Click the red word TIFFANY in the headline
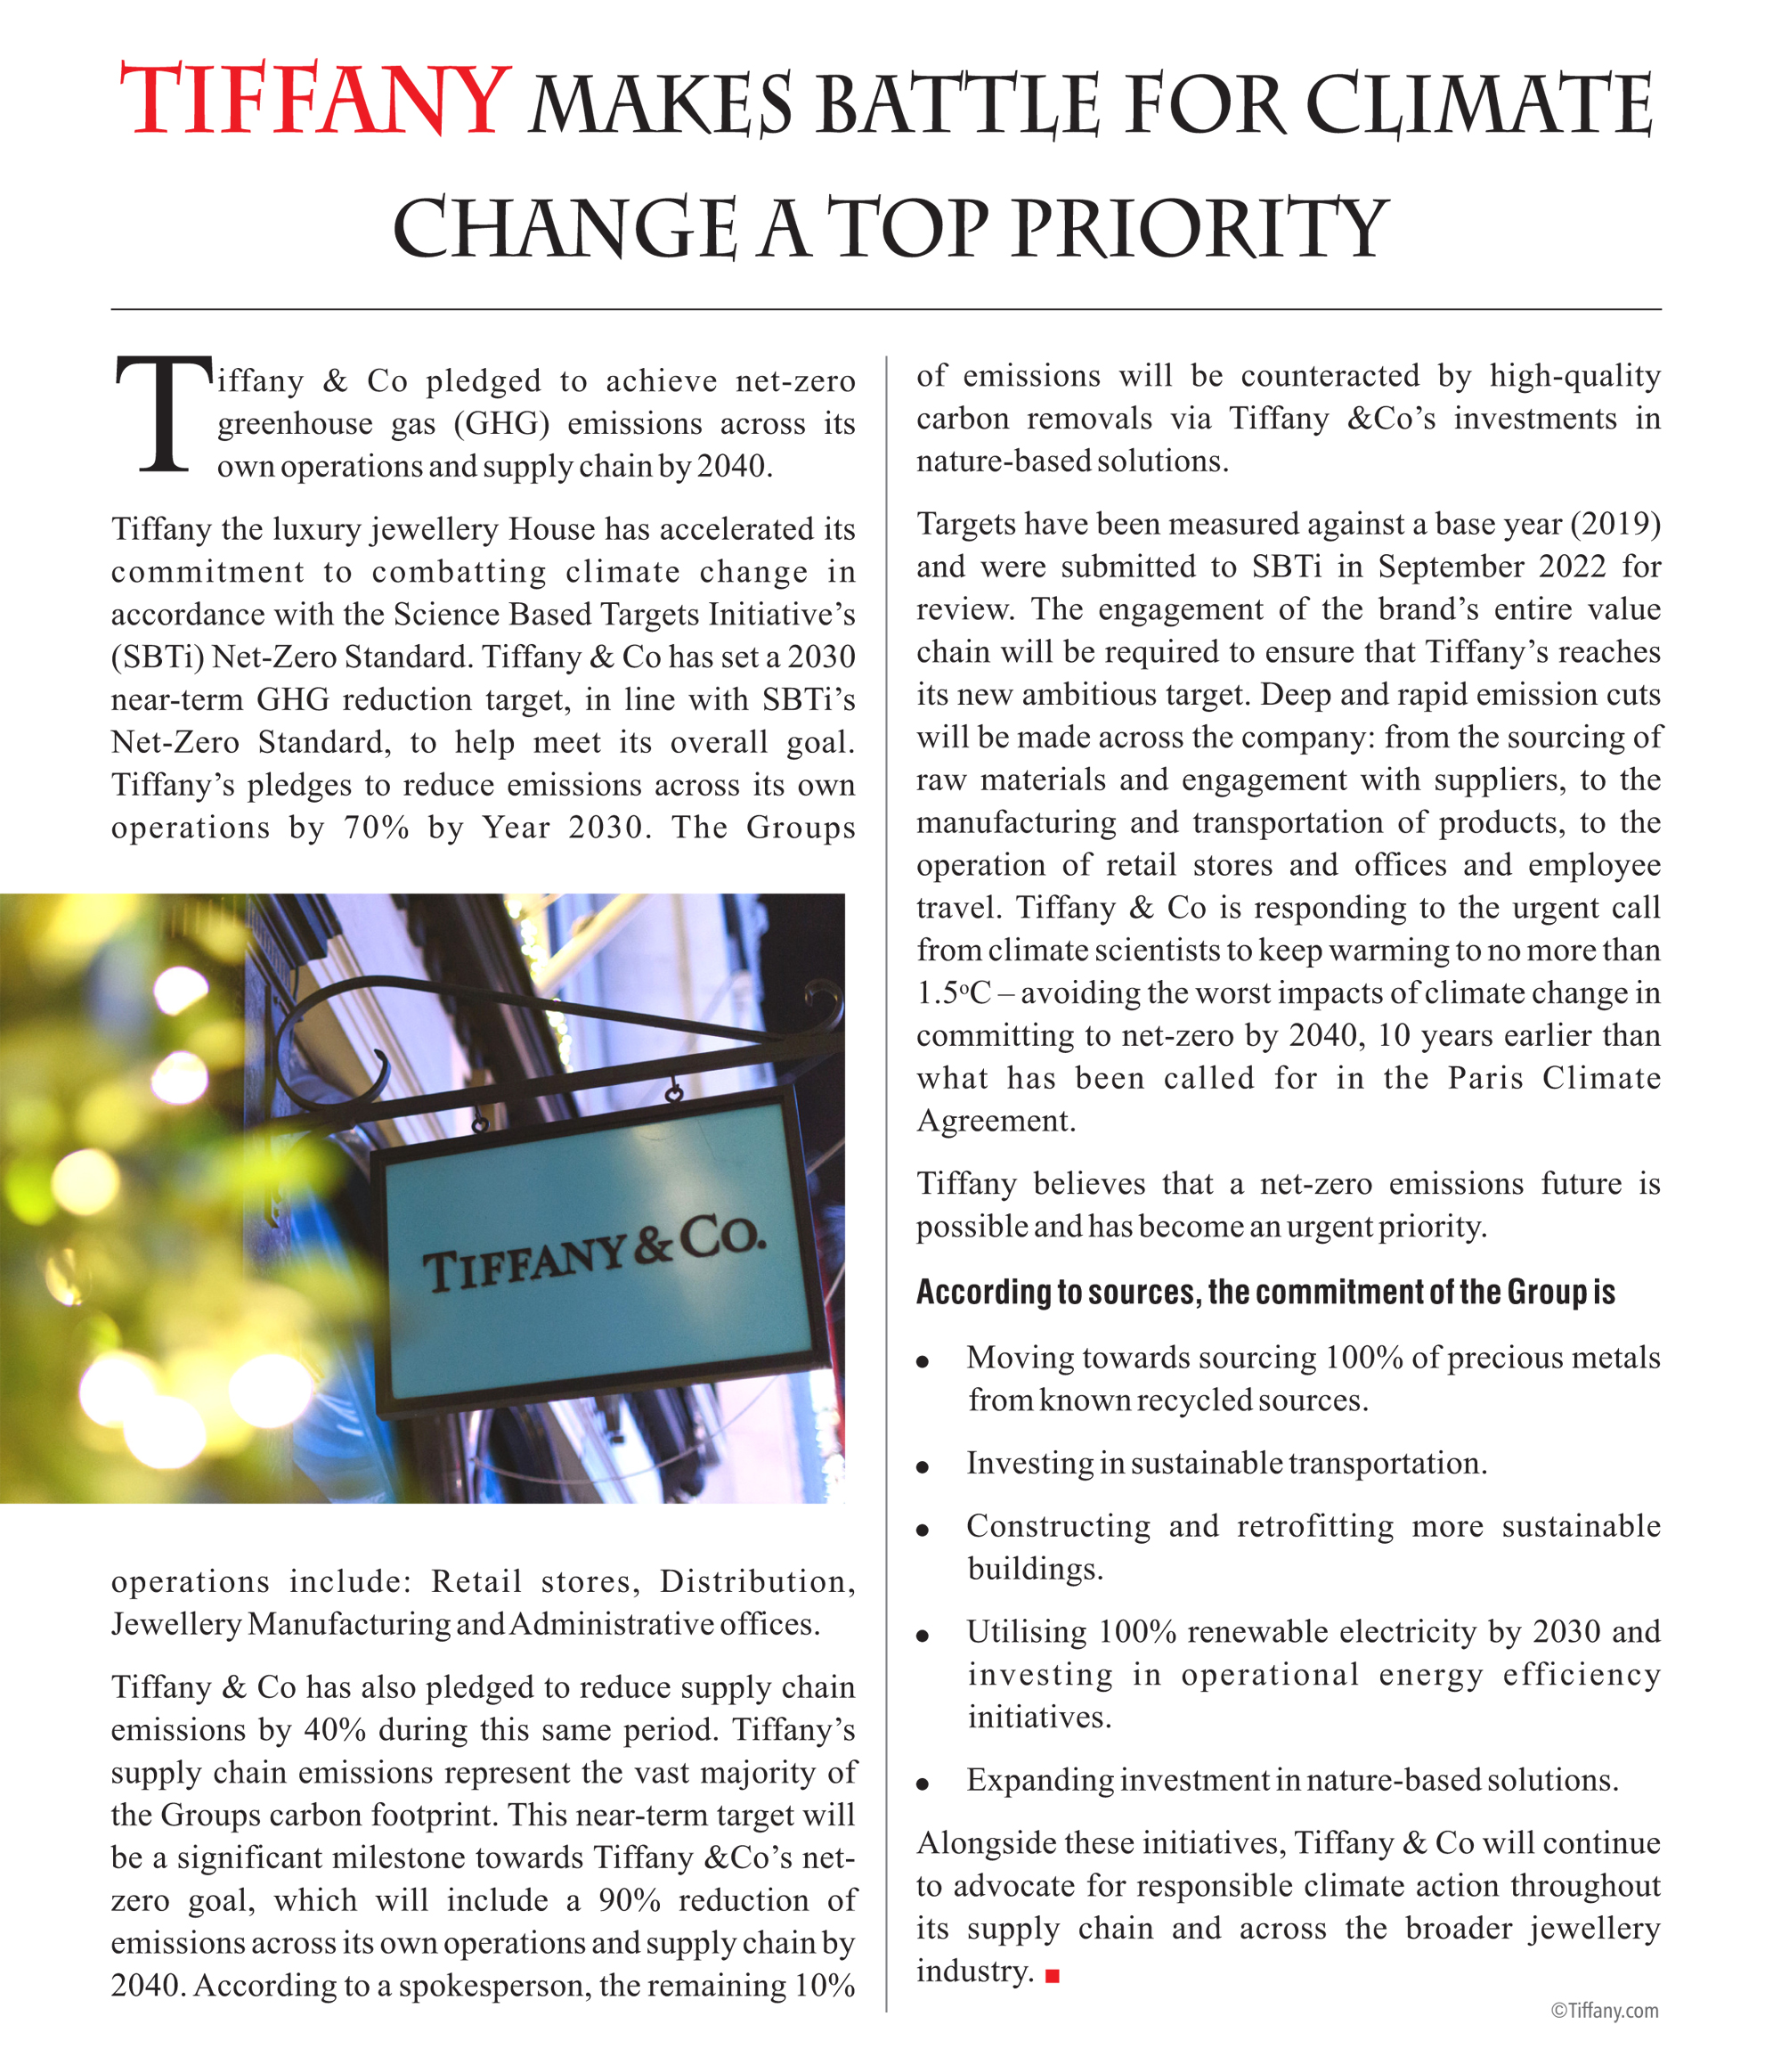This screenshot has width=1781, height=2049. [x=314, y=101]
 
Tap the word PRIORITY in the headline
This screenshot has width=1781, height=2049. [x=1200, y=229]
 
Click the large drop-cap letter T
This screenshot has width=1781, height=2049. [x=163, y=414]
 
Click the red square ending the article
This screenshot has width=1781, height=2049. [x=1053, y=1978]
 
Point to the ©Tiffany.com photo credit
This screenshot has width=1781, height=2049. [x=1604, y=2010]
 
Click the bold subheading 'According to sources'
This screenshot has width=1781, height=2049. [x=1265, y=1293]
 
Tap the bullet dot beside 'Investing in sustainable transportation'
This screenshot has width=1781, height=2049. [x=923, y=1467]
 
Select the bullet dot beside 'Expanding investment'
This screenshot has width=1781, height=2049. [x=923, y=1784]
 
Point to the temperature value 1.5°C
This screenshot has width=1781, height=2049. [x=953, y=993]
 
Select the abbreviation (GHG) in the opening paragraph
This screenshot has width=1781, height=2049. [x=502, y=425]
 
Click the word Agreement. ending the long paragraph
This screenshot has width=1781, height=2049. [x=996, y=1122]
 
